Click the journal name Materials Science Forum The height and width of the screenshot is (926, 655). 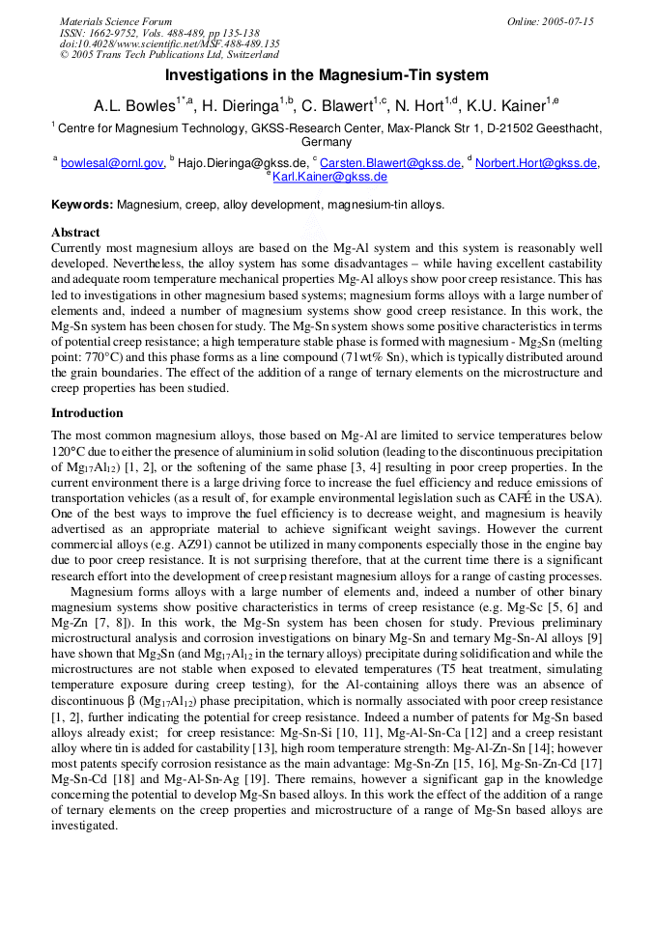point(116,21)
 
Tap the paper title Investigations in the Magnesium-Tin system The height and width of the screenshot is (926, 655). point(327,74)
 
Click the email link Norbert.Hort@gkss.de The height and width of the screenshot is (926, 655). point(535,163)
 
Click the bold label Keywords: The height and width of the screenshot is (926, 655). point(82,205)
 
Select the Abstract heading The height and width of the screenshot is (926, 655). point(75,233)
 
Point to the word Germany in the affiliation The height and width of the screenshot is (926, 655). point(327,142)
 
